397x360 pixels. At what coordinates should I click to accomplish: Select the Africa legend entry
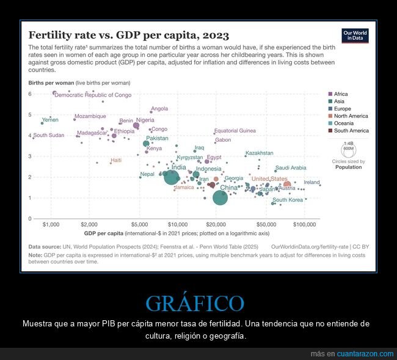pos(341,94)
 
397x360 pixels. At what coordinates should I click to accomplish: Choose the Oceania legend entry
pos(343,123)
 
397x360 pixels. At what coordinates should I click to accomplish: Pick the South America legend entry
pos(351,130)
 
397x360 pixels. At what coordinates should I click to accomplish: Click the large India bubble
pos(172,177)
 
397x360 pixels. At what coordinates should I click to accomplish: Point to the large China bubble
pos(220,197)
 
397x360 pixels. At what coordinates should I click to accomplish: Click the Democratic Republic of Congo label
pos(93,95)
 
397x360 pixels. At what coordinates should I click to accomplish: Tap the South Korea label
pos(288,200)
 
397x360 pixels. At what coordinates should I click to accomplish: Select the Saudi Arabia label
pos(291,167)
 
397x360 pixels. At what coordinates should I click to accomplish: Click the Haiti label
pos(115,160)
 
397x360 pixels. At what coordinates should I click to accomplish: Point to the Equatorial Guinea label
pos(235,131)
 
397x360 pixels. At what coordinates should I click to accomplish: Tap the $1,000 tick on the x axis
pos(51,225)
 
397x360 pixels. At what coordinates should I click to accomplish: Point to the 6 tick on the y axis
pos(29,94)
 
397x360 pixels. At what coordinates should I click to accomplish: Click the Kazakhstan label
pos(259,153)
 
